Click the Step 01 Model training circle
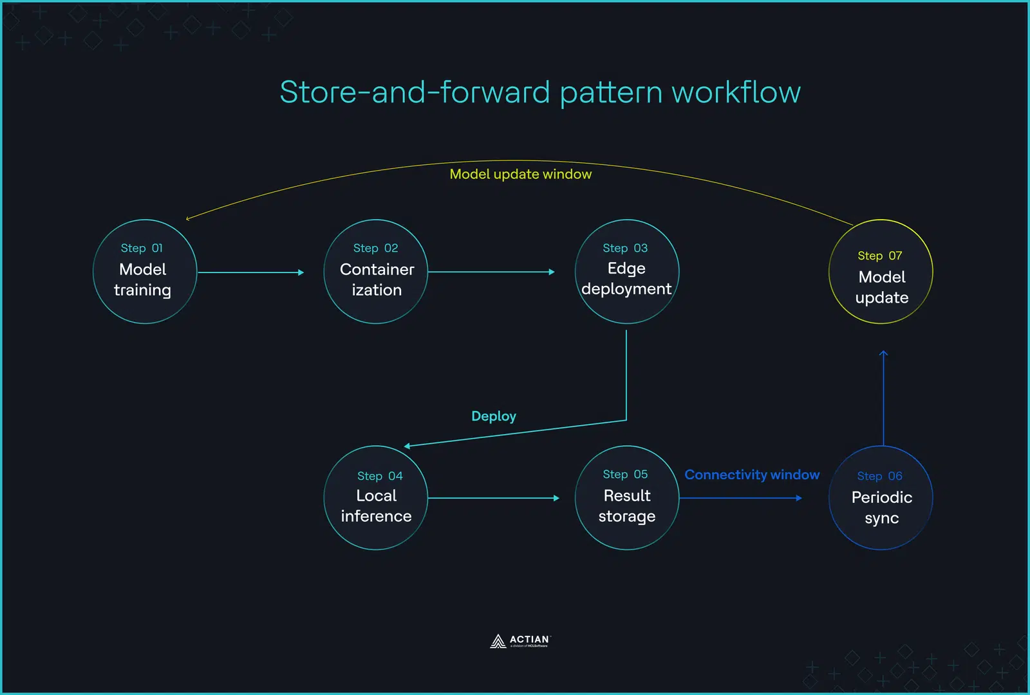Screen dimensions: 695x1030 tap(145, 272)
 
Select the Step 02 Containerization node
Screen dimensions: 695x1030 tap(376, 272)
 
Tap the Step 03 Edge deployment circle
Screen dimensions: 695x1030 tap(626, 272)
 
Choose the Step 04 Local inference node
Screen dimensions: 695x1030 tap(376, 497)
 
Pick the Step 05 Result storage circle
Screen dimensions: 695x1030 tap(626, 497)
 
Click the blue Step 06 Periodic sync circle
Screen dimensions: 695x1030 tap(881, 497)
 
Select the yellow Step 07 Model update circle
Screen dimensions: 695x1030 tap(881, 272)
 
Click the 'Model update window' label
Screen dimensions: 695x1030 tap(520, 174)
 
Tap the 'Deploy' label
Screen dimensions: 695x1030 tap(493, 416)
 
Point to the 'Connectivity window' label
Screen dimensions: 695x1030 tap(751, 475)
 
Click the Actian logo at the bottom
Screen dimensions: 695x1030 tap(520, 641)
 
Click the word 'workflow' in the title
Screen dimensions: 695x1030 tap(736, 92)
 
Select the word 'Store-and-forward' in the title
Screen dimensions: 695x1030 tap(415, 92)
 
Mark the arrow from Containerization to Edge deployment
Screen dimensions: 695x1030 tap(491, 272)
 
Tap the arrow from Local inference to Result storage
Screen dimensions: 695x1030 tap(492, 498)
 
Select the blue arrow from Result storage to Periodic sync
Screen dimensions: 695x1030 tap(740, 498)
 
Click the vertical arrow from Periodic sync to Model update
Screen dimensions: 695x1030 tap(883, 399)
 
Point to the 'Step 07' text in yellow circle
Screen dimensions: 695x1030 tap(879, 256)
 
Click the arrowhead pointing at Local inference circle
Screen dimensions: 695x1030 tap(407, 446)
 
